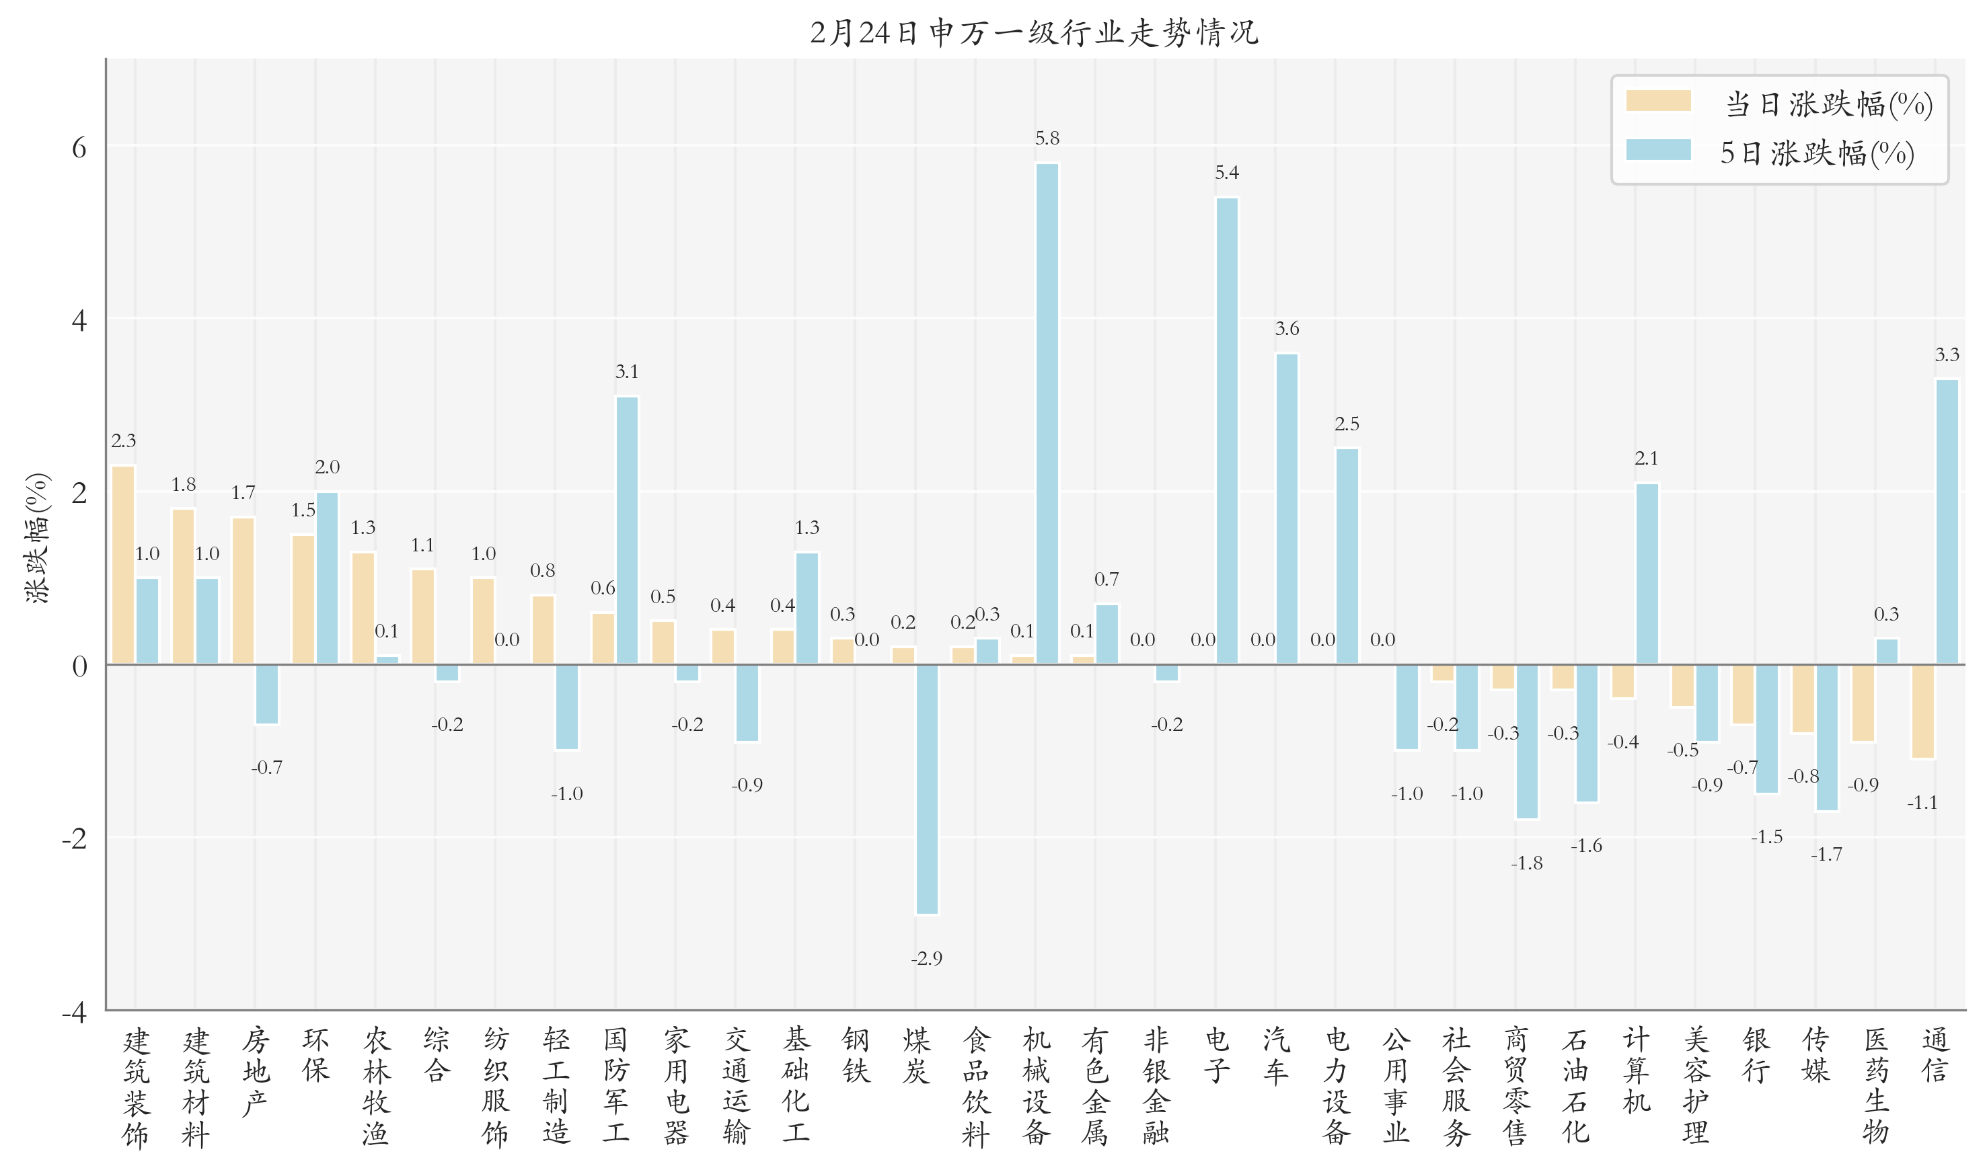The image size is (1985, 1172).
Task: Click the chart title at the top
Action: tap(1034, 33)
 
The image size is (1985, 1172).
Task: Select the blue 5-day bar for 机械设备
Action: tap(1047, 413)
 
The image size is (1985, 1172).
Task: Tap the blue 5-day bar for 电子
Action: tap(1227, 430)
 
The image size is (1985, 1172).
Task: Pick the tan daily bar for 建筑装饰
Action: tap(123, 565)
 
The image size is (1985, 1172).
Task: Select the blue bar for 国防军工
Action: tap(627, 530)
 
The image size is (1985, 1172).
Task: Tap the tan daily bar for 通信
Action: tap(1922, 711)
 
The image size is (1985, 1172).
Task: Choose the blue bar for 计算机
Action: tap(1647, 574)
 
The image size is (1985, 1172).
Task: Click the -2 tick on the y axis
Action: tap(75, 838)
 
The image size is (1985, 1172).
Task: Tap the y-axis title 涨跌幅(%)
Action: tap(37, 539)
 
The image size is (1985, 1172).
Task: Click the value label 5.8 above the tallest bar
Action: tap(1047, 139)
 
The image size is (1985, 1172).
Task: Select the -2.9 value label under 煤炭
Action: tap(926, 958)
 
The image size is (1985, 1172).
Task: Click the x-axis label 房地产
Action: tap(255, 1072)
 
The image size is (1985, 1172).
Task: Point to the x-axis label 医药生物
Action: tap(1875, 1086)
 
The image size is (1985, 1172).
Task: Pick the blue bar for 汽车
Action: tap(1287, 508)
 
